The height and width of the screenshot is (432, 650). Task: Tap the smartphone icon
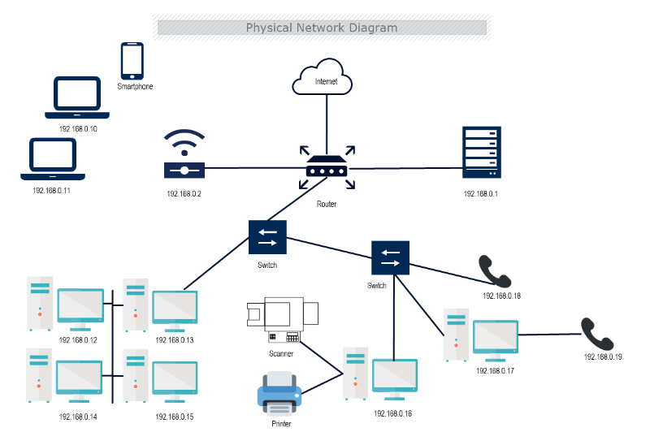pyautogui.click(x=132, y=61)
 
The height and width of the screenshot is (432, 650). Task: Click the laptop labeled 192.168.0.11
pyautogui.click(x=53, y=158)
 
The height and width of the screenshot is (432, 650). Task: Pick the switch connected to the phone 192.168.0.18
pyautogui.click(x=391, y=258)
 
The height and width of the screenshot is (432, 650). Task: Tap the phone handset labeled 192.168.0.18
pyautogui.click(x=496, y=271)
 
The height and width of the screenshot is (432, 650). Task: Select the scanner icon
pyautogui.click(x=282, y=322)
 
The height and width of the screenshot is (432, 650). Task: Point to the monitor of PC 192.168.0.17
pyautogui.click(x=495, y=340)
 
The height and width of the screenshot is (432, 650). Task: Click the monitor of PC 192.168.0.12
pyautogui.click(x=80, y=309)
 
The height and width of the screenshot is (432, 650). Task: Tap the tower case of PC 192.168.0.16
pyautogui.click(x=355, y=374)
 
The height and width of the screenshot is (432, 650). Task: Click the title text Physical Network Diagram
pyautogui.click(x=322, y=28)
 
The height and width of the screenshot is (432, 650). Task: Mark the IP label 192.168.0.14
pyautogui.click(x=78, y=417)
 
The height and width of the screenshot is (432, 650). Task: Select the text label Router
pyautogui.click(x=327, y=204)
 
